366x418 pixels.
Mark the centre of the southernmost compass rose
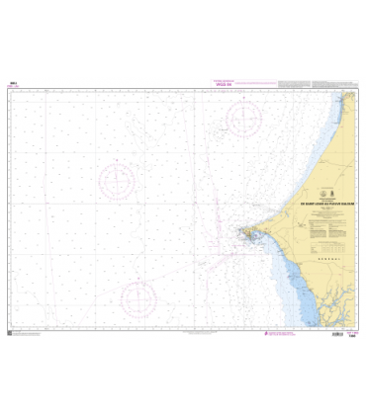pyautogui.click(x=138, y=297)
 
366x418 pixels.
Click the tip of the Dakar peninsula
pyautogui.click(x=240, y=233)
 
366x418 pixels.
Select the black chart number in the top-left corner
pyautogui.click(x=13, y=83)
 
